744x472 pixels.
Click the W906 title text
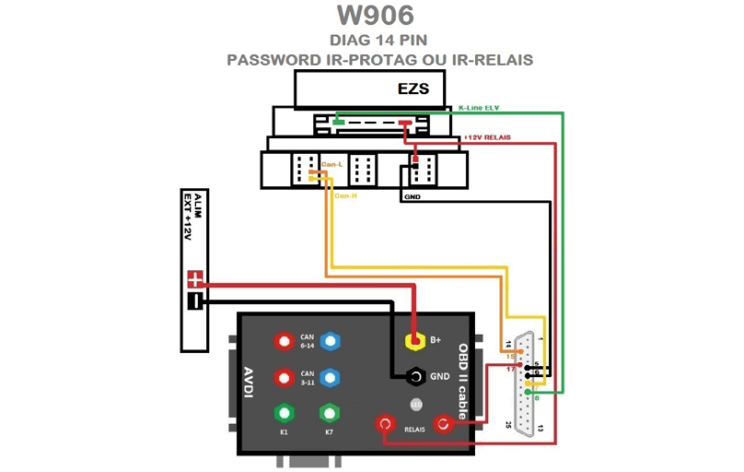tap(375, 16)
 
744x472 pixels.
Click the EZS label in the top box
tap(413, 89)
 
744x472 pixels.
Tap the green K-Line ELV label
tap(479, 108)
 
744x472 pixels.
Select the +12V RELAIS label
tap(488, 137)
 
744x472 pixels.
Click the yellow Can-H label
tap(345, 195)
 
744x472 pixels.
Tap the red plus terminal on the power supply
tap(194, 279)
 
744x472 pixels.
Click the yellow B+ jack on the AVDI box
tap(415, 341)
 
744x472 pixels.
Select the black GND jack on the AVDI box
tap(415, 377)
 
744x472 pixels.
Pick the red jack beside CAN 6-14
tap(283, 341)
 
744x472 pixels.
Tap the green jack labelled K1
tap(284, 413)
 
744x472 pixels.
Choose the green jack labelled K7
tap(329, 413)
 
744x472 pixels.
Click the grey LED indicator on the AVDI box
tap(415, 405)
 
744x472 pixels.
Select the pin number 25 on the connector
tap(508, 425)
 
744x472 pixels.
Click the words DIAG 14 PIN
tap(378, 40)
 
